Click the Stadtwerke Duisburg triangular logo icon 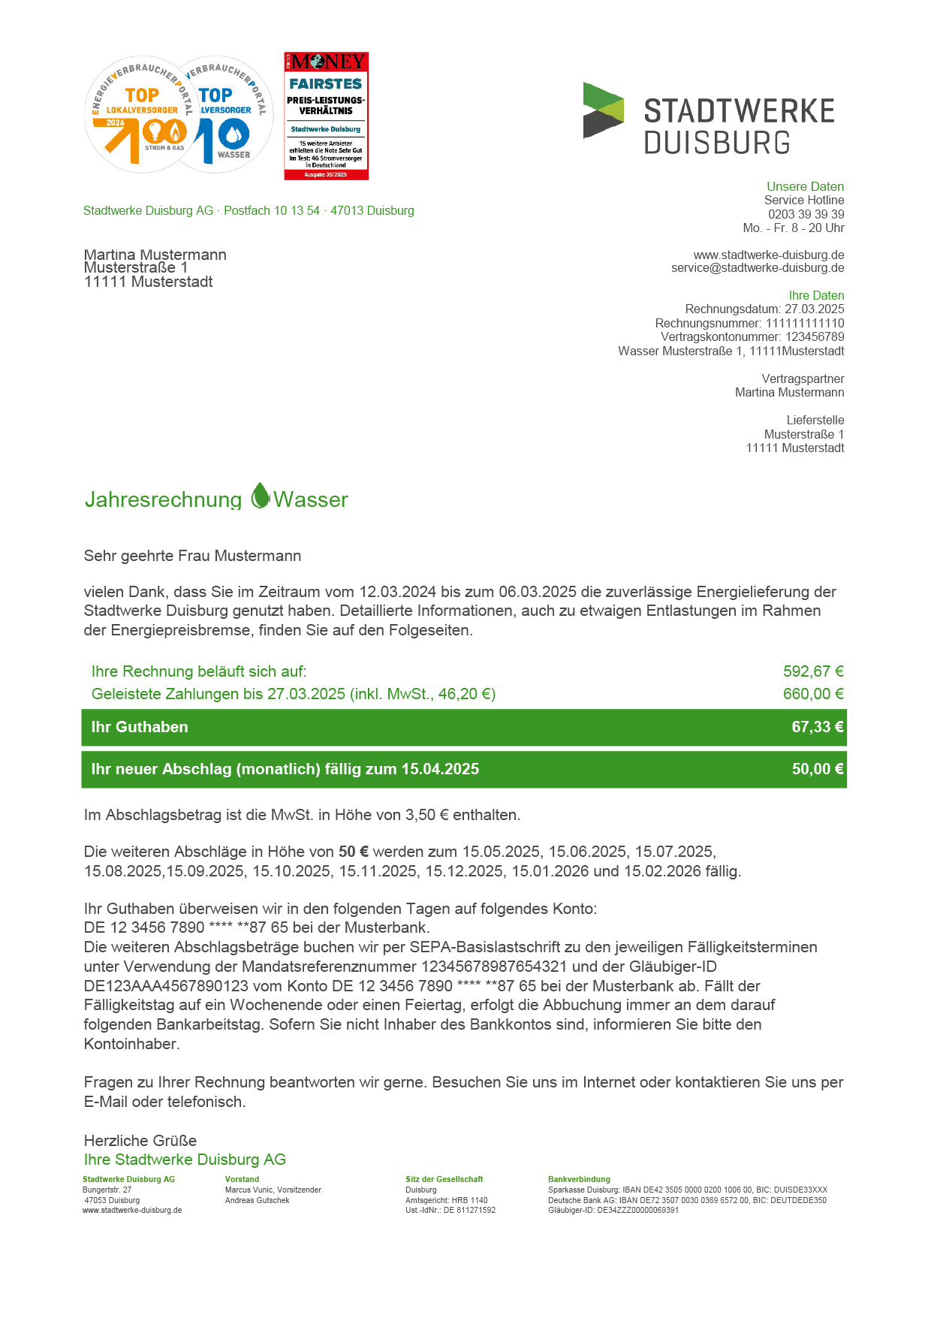click(603, 110)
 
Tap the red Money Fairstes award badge click(326, 116)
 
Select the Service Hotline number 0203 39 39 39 click(806, 214)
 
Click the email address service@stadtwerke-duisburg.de click(758, 268)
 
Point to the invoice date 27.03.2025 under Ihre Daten click(814, 309)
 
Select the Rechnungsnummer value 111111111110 click(805, 324)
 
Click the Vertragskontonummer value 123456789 click(814, 337)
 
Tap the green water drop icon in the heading click(260, 496)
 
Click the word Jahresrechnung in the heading click(163, 500)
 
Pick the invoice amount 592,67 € click(813, 671)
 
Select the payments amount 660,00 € click(813, 694)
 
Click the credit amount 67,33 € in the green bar click(817, 727)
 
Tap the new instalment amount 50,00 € click(817, 769)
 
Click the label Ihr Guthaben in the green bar click(140, 727)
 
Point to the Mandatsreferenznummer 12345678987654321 click(507, 967)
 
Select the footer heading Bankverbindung click(579, 1179)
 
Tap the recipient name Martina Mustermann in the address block click(155, 255)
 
